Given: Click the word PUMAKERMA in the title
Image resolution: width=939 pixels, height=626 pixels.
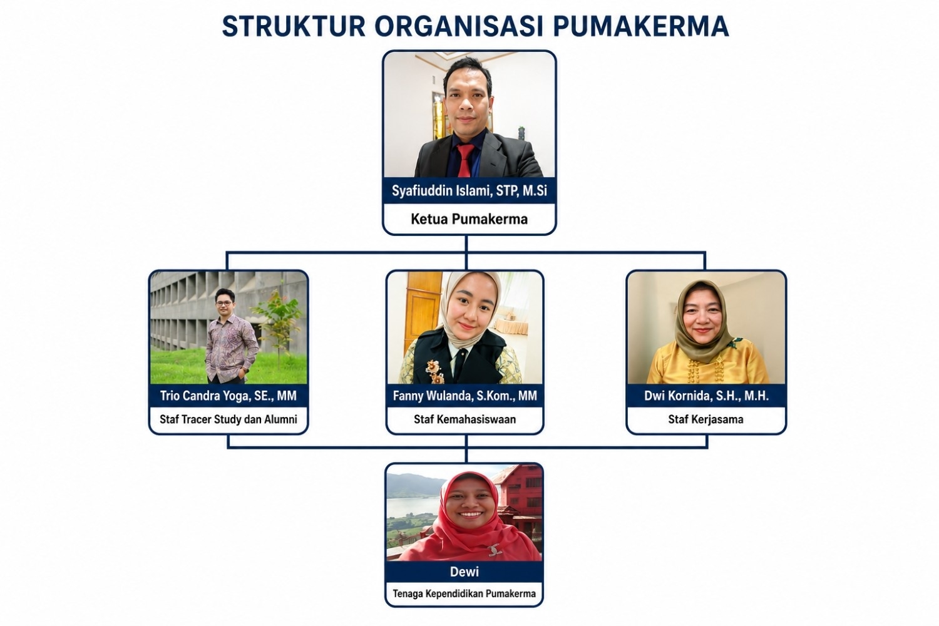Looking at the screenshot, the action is [641, 26].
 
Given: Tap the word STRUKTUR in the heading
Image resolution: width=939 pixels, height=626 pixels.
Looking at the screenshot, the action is [294, 26].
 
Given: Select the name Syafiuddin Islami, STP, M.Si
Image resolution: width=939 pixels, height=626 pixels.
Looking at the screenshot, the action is [469, 191].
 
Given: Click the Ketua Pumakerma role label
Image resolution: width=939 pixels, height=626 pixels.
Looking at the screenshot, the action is [469, 219].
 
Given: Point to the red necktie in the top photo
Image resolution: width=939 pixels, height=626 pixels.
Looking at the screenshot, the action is [464, 160].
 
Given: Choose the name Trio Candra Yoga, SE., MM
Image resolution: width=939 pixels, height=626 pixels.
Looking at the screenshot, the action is [228, 396].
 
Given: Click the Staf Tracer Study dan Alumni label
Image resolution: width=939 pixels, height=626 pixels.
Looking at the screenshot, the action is [228, 419].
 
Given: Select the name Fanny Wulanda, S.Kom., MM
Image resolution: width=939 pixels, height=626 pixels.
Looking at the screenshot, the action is [464, 396].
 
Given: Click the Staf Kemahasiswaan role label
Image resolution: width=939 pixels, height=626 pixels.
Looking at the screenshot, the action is [464, 419].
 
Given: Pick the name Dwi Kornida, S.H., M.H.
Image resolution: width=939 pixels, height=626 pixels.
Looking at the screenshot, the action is [706, 396].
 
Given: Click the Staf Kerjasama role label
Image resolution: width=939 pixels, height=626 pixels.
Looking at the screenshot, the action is [706, 419].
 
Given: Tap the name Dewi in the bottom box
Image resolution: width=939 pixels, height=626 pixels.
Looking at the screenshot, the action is [464, 572].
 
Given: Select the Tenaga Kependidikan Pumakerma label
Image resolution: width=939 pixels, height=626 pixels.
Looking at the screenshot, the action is [464, 593].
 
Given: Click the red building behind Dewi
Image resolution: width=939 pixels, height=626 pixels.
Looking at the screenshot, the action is [520, 499].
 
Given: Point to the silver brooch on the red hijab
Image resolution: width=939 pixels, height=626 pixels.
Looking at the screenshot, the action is [495, 549].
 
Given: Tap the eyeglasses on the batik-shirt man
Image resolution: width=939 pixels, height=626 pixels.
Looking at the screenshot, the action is [224, 303].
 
